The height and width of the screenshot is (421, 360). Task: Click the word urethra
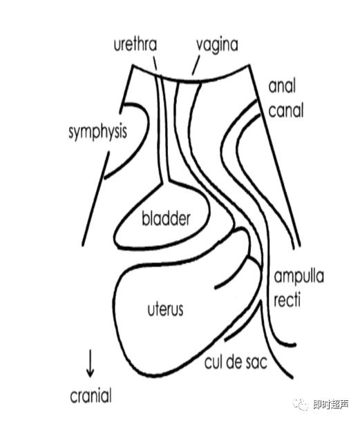[135, 45]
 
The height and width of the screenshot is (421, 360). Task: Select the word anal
[282, 86]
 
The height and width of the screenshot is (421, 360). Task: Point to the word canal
[286, 110]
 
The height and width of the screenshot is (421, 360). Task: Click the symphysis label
[97, 133]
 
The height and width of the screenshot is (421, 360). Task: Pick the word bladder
[166, 219]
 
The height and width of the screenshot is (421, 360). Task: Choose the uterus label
[165, 310]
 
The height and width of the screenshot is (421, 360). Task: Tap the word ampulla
[299, 277]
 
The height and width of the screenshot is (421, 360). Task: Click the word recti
[287, 300]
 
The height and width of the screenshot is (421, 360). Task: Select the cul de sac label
[236, 362]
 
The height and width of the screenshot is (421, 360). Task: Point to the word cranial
[91, 396]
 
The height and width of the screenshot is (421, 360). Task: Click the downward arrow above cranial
[90, 364]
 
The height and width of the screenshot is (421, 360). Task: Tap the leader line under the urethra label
[154, 63]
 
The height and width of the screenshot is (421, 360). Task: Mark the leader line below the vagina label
[196, 66]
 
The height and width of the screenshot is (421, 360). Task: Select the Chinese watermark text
[331, 404]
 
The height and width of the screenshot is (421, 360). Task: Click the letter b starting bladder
[145, 219]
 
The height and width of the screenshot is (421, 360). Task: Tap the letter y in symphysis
[79, 134]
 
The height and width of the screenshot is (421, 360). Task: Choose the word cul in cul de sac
[214, 362]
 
